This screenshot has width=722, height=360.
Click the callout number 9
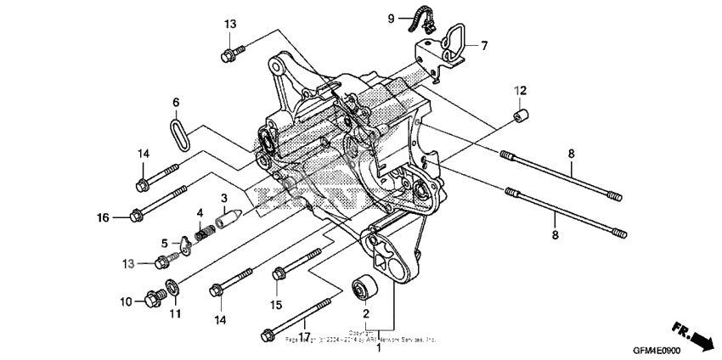click(x=392, y=18)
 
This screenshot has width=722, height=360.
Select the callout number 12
click(x=519, y=91)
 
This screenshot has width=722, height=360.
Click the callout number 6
click(x=176, y=103)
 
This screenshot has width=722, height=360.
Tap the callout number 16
click(x=103, y=217)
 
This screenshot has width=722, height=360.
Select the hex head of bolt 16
click(x=135, y=215)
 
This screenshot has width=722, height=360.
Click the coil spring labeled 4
click(x=203, y=228)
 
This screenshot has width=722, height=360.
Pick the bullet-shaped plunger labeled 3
click(x=226, y=219)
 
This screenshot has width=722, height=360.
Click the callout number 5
click(x=164, y=243)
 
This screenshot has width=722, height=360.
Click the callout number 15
click(x=275, y=305)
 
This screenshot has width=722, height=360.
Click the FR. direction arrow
click(x=691, y=335)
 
